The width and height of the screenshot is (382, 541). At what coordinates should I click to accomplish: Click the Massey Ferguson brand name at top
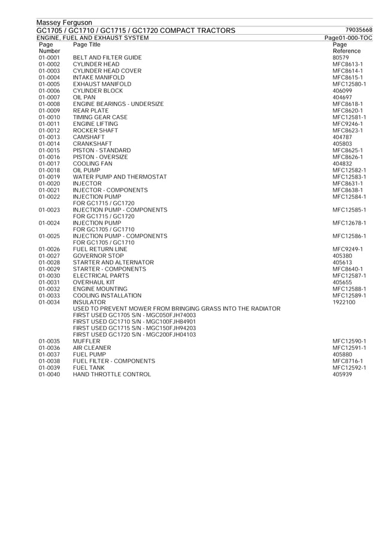tap(64, 23)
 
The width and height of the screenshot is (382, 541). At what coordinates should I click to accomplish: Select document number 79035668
tap(359, 31)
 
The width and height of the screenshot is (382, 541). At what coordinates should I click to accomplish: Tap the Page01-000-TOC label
tap(348, 38)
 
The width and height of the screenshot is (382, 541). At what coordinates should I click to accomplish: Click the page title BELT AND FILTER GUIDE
tap(107, 58)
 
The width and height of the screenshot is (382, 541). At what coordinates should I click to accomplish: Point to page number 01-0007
tap(49, 97)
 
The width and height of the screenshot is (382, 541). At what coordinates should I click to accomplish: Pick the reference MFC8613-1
tap(348, 64)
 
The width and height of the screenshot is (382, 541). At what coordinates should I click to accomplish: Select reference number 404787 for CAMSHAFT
tap(342, 137)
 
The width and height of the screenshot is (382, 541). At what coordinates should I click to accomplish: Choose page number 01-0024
tap(49, 223)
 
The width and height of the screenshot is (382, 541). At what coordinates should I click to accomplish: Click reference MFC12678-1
tap(349, 223)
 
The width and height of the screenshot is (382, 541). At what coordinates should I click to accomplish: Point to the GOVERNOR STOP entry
tap(98, 256)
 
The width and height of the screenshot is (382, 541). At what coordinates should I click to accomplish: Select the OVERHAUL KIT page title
tap(94, 282)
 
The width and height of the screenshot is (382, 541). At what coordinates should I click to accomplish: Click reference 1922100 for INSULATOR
tap(344, 302)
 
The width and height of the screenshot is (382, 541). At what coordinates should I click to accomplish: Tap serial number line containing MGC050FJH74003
tap(134, 315)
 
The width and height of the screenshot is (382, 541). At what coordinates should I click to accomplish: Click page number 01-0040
tap(49, 374)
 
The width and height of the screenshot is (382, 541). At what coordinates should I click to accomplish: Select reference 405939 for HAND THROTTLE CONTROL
tap(342, 374)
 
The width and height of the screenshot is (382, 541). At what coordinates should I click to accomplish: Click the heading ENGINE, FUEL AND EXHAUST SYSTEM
tap(93, 38)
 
